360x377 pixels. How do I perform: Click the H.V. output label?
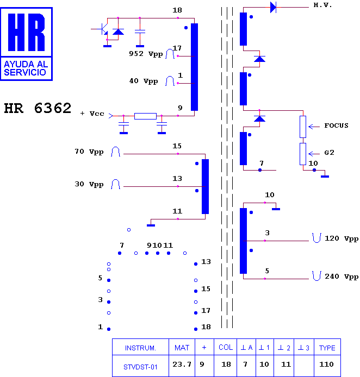pyautogui.click(x=322, y=5)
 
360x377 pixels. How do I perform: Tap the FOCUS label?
pyautogui.click(x=336, y=125)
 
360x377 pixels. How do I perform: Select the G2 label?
pyautogui.click(x=329, y=153)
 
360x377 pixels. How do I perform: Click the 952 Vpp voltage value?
pyautogui.click(x=146, y=54)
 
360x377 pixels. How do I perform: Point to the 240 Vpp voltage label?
pyautogui.click(x=342, y=277)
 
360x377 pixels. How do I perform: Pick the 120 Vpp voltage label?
pyautogui.click(x=342, y=238)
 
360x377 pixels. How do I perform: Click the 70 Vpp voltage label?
pyautogui.click(x=89, y=152)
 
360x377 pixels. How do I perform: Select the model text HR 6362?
pyautogui.click(x=38, y=108)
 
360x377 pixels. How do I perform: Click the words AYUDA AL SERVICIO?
pyautogui.click(x=26, y=68)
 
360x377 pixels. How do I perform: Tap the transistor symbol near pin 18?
pyautogui.click(x=103, y=29)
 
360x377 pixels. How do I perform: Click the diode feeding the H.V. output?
pyautogui.click(x=273, y=7)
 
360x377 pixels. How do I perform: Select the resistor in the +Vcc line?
pyautogui.click(x=145, y=116)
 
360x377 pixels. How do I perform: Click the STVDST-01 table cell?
pyautogui.click(x=140, y=367)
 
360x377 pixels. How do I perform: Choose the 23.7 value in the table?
pyautogui.click(x=182, y=365)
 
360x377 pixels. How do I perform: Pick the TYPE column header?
pyautogui.click(x=327, y=348)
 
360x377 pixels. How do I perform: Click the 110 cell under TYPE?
pyautogui.click(x=326, y=365)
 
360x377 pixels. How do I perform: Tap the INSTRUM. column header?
pyautogui.click(x=140, y=348)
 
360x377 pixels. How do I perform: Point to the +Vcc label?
pyautogui.click(x=92, y=114)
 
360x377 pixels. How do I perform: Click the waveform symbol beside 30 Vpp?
pyautogui.click(x=115, y=184)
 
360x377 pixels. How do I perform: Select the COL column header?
pyautogui.click(x=226, y=348)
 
